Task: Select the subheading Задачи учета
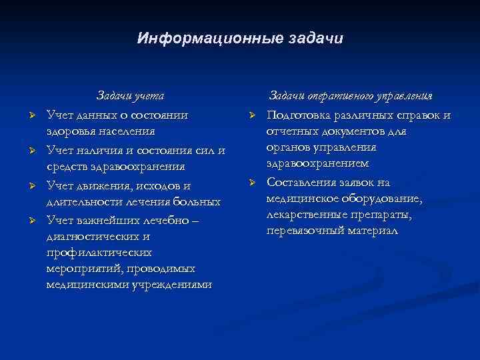(x=131, y=96)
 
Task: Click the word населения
(x=127, y=131)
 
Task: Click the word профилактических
(x=99, y=253)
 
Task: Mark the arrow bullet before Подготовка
(x=251, y=116)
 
